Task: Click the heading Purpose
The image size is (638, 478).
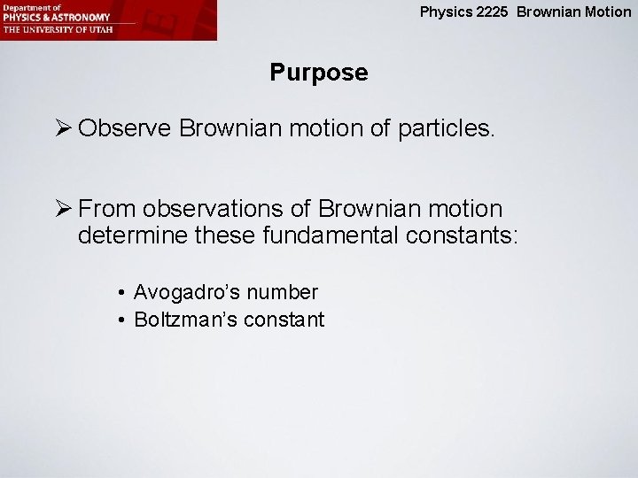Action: tap(318, 73)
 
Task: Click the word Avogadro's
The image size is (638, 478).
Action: tap(187, 291)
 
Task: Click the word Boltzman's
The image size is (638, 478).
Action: tap(183, 320)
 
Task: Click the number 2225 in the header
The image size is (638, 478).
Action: tap(494, 12)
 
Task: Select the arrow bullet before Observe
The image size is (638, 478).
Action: tap(64, 129)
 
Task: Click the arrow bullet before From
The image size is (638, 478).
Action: tap(64, 210)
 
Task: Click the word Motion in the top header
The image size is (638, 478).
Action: tap(611, 12)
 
